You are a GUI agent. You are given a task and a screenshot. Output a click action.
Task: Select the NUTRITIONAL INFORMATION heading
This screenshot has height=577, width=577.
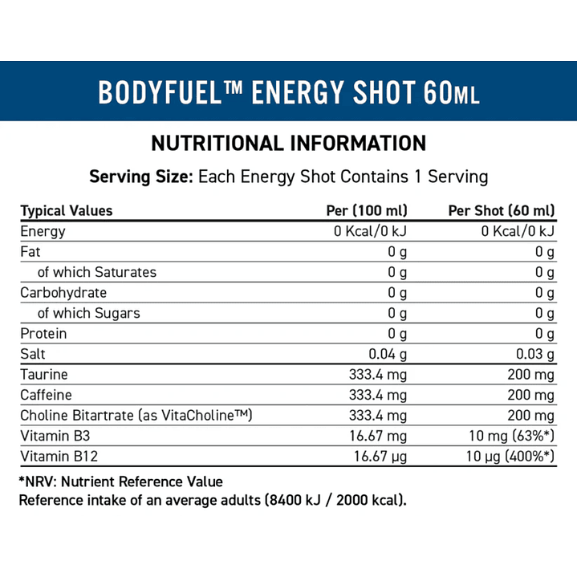pos(288,144)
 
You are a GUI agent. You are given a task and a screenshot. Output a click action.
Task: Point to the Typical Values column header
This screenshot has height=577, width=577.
pos(67,211)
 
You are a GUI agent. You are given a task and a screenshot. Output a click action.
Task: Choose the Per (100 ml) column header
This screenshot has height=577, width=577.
pos(367,211)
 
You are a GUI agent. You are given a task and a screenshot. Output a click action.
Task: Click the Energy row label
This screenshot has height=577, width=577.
pos(43,232)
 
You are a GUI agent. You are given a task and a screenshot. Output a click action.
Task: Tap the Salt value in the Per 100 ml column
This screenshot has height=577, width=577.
pos(388,355)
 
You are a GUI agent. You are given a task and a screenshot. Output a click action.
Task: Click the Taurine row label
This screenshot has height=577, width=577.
pos(44,375)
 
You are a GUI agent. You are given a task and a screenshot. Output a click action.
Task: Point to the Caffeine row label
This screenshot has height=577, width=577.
pos(47,395)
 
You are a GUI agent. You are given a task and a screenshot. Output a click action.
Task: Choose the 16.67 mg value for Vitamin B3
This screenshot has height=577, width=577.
pos(380,436)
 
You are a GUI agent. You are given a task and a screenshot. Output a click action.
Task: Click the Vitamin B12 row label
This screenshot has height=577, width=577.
pos(55,457)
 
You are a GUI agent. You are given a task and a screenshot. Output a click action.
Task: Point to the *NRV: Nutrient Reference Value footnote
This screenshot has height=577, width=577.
pos(120,482)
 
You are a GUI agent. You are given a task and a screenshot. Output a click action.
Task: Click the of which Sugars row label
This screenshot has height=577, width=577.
pos(89,313)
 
